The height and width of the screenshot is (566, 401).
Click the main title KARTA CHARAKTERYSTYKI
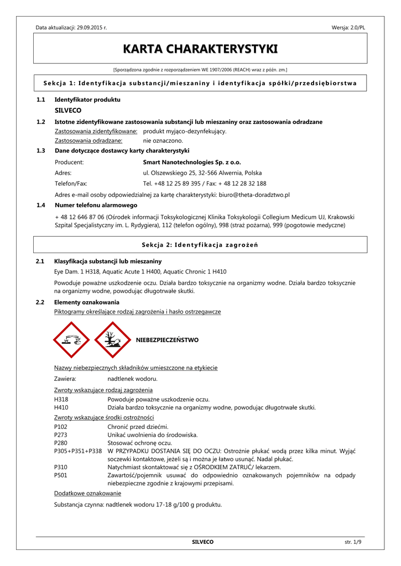click(x=200, y=49)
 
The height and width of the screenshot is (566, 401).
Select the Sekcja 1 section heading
click(x=200, y=83)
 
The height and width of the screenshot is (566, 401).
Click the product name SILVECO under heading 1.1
click(x=67, y=111)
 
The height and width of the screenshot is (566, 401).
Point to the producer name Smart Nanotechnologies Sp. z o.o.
click(x=192, y=163)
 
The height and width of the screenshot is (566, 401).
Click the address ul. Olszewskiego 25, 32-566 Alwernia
click(x=202, y=173)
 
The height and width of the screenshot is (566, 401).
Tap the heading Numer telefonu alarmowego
click(x=96, y=206)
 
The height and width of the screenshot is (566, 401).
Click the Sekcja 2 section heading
click(x=200, y=245)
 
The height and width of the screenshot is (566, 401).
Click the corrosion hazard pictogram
click(x=71, y=340)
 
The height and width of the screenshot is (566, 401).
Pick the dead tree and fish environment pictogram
click(x=112, y=340)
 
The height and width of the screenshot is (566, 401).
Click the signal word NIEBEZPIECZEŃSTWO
click(x=167, y=340)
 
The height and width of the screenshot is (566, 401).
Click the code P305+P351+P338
click(x=78, y=451)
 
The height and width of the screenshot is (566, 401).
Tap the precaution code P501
click(x=61, y=475)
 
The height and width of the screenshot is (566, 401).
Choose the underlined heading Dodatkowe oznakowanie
click(x=87, y=493)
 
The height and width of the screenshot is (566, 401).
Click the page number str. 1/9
click(x=352, y=542)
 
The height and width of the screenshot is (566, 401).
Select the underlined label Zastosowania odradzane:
click(x=88, y=141)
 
